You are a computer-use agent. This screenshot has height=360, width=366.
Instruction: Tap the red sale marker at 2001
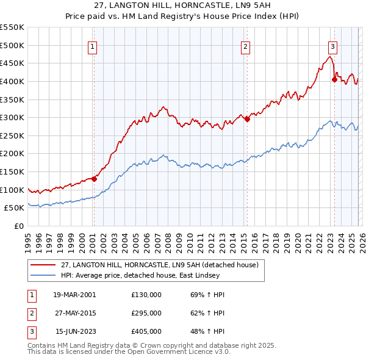pos(94,179)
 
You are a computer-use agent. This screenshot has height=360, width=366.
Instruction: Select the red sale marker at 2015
pos(247,120)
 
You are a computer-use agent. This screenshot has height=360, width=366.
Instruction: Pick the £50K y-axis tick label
pos(15,208)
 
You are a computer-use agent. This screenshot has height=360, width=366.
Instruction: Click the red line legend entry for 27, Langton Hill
pos(160,265)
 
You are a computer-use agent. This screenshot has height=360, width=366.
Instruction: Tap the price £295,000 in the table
pos(146,313)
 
